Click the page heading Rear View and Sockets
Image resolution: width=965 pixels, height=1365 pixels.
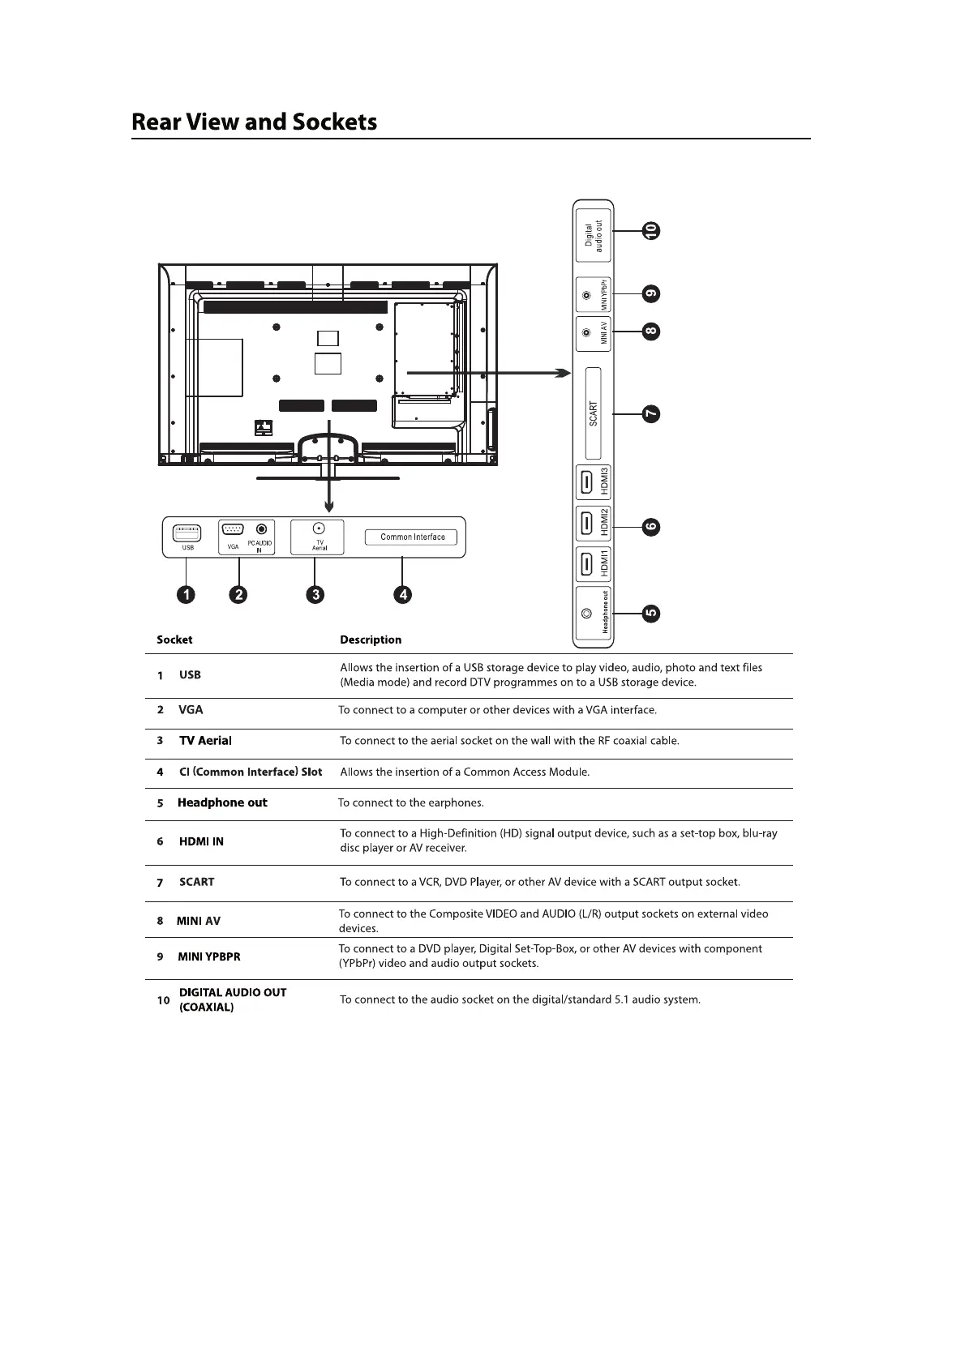[254, 122]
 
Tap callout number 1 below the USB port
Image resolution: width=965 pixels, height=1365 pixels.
[187, 595]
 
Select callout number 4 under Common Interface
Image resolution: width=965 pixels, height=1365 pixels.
[402, 595]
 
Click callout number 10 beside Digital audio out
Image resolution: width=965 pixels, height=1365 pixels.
[650, 231]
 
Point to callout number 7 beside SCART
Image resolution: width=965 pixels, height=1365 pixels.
[650, 414]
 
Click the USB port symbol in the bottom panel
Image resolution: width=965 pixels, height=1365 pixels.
[187, 533]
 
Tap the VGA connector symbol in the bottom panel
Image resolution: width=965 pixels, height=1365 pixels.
[233, 530]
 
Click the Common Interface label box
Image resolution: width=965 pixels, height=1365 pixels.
[412, 537]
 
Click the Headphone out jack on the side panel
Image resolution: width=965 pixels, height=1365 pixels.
[585, 614]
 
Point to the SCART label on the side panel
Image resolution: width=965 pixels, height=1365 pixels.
[594, 413]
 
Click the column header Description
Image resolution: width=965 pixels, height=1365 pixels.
[371, 640]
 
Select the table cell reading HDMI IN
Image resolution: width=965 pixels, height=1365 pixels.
[201, 841]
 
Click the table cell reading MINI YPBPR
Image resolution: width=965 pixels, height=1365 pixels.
[209, 956]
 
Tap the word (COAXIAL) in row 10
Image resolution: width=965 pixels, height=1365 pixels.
[206, 1008]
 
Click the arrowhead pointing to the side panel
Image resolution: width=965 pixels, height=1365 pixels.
[561, 373]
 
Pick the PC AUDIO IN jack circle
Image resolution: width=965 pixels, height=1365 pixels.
[261, 529]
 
